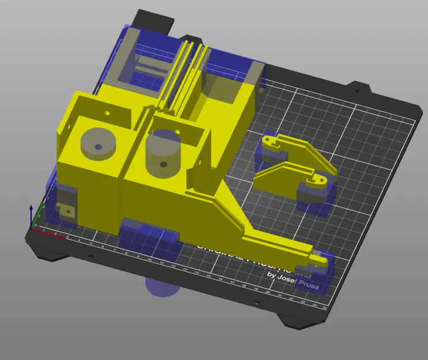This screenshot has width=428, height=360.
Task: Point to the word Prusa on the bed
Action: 308,283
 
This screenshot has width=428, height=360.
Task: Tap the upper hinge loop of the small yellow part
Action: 271,140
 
